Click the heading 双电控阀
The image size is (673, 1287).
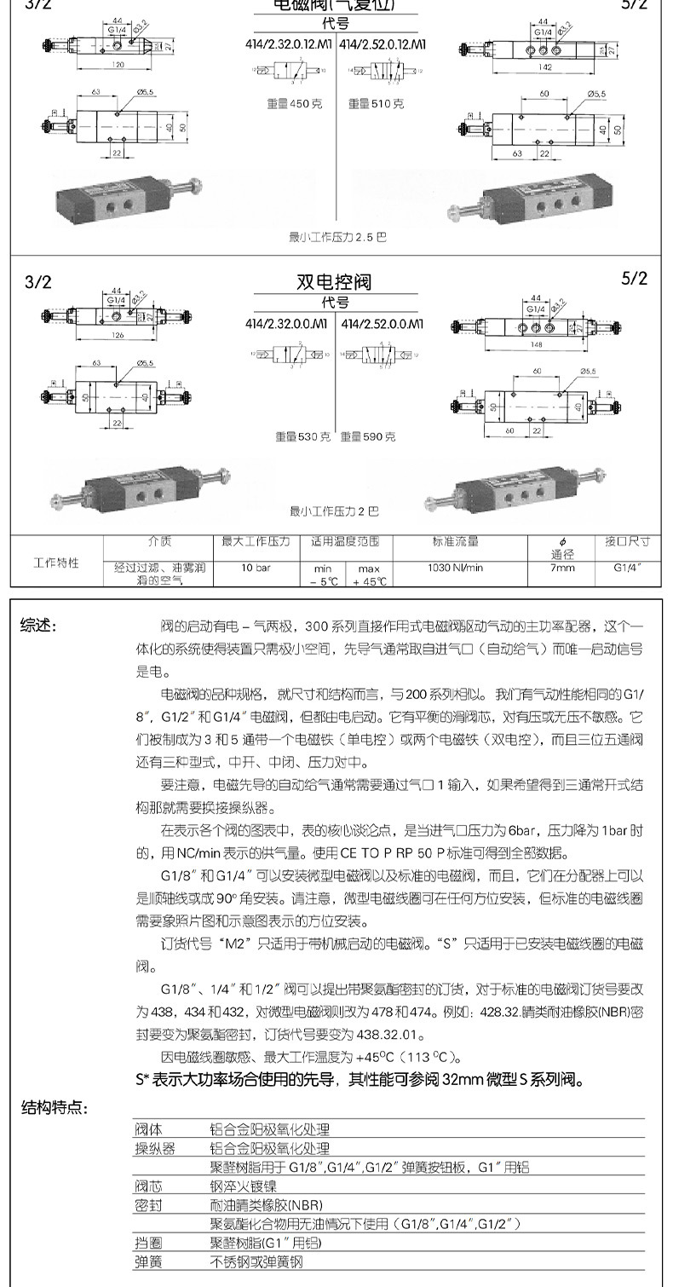tap(334, 281)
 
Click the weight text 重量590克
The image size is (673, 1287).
tap(368, 436)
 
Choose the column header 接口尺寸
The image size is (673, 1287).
tap(628, 541)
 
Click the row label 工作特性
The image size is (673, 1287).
tap(56, 563)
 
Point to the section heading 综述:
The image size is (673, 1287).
tap(39, 626)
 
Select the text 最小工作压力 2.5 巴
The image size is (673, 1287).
tap(337, 237)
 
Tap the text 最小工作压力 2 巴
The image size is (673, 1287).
tap(334, 511)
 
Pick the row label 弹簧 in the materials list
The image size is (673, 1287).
tap(149, 1261)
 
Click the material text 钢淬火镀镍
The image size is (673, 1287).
tap(244, 1186)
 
